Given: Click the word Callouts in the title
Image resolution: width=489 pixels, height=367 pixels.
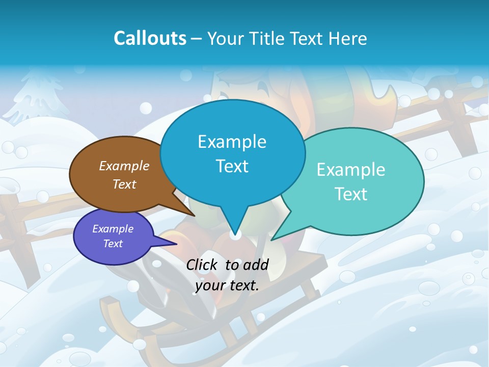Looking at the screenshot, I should click(150, 38).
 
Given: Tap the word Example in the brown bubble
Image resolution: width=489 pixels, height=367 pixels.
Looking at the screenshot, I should click(124, 166).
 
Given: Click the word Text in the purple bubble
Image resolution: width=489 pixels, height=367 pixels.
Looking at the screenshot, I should click(113, 244).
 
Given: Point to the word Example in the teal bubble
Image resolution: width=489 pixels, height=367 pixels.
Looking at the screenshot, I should click(351, 170).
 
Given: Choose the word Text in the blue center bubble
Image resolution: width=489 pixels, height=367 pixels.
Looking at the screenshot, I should click(232, 166).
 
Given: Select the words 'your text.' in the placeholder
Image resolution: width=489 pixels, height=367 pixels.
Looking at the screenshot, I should click(227, 285).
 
